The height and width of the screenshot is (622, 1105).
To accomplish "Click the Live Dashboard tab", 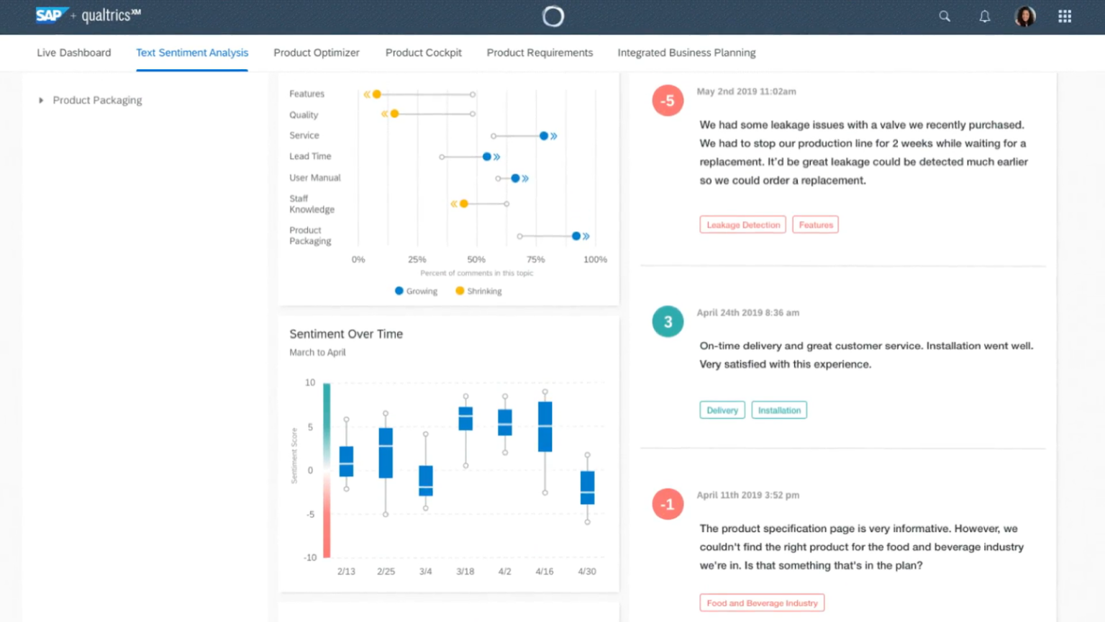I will pyautogui.click(x=74, y=53).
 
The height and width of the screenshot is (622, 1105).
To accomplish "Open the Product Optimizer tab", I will pyautogui.click(x=317, y=53).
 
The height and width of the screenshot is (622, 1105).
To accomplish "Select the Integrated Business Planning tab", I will pyautogui.click(x=686, y=53).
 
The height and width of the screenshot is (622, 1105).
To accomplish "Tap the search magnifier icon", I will pyautogui.click(x=945, y=17).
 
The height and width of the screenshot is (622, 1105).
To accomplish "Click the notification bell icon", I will pyautogui.click(x=985, y=17).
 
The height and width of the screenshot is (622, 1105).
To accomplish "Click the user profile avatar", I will pyautogui.click(x=1025, y=17).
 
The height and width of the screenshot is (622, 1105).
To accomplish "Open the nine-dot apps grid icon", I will pyautogui.click(x=1065, y=17).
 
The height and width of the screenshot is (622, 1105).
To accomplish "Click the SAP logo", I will pyautogui.click(x=50, y=15).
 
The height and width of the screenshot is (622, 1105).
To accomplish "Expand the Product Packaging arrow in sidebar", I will pyautogui.click(x=41, y=100).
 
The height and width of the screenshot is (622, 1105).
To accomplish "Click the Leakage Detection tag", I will pyautogui.click(x=742, y=225).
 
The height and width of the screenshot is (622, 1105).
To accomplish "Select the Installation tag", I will pyautogui.click(x=779, y=410).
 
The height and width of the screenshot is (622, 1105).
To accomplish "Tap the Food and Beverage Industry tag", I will pyautogui.click(x=762, y=603).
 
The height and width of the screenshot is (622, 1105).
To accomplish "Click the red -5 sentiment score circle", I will pyautogui.click(x=668, y=101).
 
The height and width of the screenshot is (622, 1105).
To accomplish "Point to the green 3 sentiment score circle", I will pyautogui.click(x=668, y=322).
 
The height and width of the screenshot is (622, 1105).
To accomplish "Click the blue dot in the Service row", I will pyautogui.click(x=544, y=135).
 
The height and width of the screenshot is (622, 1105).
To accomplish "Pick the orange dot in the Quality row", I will pyautogui.click(x=394, y=114).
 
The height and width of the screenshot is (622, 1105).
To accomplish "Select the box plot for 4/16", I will pyautogui.click(x=545, y=426).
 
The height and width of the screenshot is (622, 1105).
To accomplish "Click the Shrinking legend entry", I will pyautogui.click(x=478, y=291).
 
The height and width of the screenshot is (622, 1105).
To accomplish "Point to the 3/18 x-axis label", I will pyautogui.click(x=465, y=572).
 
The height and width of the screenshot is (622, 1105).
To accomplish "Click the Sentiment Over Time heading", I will pyautogui.click(x=346, y=334).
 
